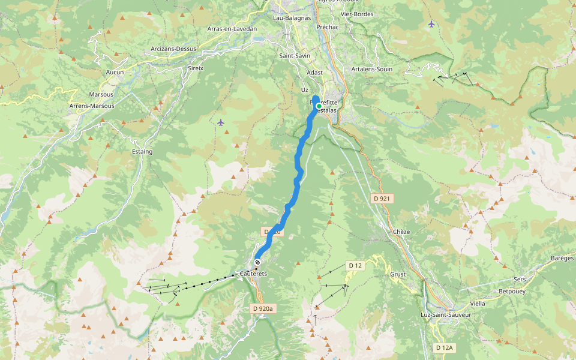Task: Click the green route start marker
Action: click(x=319, y=106)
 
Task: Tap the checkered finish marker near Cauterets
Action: click(x=257, y=262)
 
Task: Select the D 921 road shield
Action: click(x=381, y=198)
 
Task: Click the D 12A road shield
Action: click(x=445, y=347)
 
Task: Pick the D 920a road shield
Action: click(x=262, y=308)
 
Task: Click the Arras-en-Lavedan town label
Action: click(x=232, y=29)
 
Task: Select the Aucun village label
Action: click(x=115, y=72)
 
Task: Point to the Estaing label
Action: click(x=142, y=152)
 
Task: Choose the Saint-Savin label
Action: click(x=295, y=56)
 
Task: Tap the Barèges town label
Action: click(x=562, y=258)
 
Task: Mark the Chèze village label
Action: click(x=401, y=232)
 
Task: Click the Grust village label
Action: click(x=398, y=274)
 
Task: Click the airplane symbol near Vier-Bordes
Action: click(x=431, y=24)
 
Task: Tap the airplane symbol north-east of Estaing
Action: click(x=221, y=122)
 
